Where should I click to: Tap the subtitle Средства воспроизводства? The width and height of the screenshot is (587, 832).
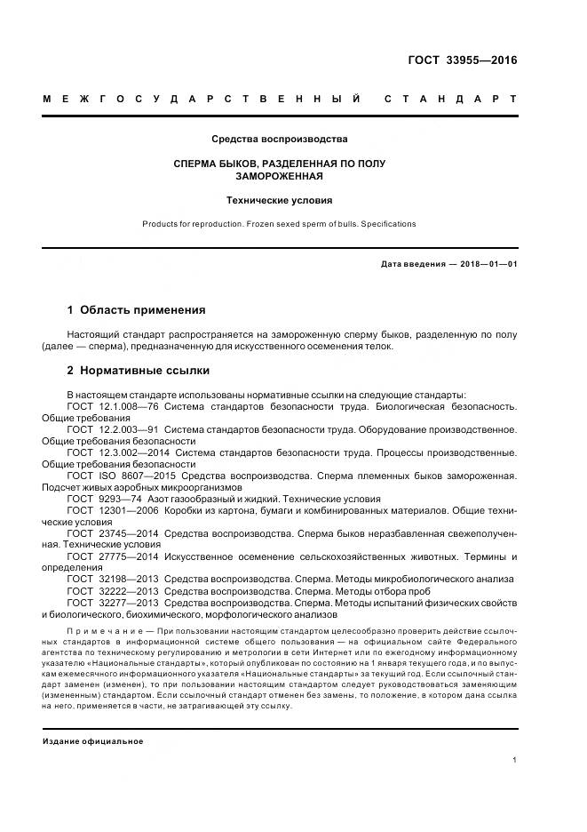pyautogui.click(x=279, y=140)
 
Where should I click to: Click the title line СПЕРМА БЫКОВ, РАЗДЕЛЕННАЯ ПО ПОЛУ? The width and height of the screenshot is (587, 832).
pyautogui.click(x=279, y=164)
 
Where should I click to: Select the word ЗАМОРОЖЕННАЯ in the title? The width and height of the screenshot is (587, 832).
pyautogui.click(x=279, y=176)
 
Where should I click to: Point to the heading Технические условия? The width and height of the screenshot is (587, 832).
pyautogui.click(x=279, y=201)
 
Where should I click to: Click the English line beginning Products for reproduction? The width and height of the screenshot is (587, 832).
pyautogui.click(x=279, y=224)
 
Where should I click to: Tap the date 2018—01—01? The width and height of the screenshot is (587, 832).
pyautogui.click(x=486, y=264)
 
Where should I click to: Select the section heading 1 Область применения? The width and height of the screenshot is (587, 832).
pyautogui.click(x=136, y=310)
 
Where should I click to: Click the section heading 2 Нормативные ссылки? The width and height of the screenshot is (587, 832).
pyautogui.click(x=139, y=370)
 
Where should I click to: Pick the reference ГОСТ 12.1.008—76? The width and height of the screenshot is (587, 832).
pyautogui.click(x=113, y=406)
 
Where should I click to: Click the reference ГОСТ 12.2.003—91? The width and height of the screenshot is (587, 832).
pyautogui.click(x=113, y=429)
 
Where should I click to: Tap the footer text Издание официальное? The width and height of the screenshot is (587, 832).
pyautogui.click(x=93, y=740)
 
